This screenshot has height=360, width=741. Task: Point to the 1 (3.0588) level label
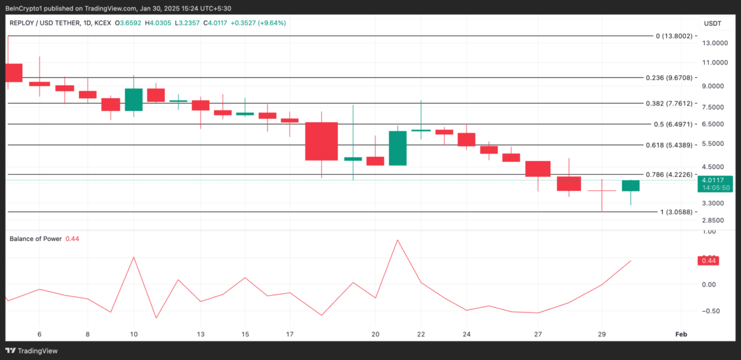pos(676,212)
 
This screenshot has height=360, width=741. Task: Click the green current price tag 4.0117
pos(716,180)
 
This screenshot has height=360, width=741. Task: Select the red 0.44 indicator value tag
pos(708,261)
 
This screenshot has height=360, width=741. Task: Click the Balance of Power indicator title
pos(35,238)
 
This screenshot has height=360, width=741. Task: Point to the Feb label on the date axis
pos(680,334)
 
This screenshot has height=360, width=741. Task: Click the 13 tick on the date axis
pos(201,334)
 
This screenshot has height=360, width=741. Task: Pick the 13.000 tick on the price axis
pos(714,43)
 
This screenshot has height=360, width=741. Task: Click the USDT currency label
pos(713,23)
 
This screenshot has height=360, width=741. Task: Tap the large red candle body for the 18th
pos(322,141)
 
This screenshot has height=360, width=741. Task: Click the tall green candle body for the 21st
pos(398,148)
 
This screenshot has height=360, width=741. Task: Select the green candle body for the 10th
pos(133,99)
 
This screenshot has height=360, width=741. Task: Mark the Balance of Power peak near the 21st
pos(397,240)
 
